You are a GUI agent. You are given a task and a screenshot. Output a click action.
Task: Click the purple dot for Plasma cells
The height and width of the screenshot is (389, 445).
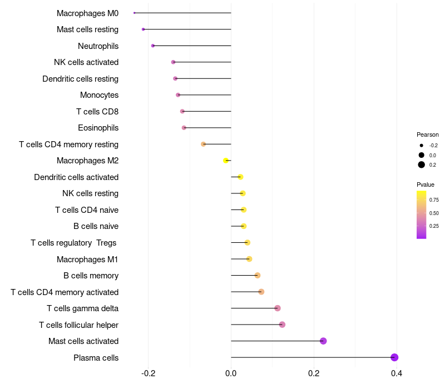pyautogui.click(x=394, y=357)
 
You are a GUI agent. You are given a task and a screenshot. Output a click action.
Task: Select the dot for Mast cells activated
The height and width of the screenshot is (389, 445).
pyautogui.click(x=323, y=341)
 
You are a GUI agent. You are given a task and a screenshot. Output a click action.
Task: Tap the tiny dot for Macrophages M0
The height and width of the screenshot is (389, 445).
pyautogui.click(x=135, y=13)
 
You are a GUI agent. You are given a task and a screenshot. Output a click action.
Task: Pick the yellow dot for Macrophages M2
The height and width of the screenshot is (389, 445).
pyautogui.click(x=226, y=161)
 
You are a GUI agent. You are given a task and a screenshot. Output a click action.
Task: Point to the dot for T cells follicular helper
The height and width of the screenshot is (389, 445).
pyautogui.click(x=282, y=325)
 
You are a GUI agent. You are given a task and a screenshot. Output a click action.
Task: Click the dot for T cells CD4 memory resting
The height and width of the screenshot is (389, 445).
pyautogui.click(x=204, y=144)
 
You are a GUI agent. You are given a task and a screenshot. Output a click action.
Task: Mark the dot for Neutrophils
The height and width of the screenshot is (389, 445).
pyautogui.click(x=153, y=46)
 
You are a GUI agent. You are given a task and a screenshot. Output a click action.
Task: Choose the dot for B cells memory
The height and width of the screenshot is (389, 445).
pyautogui.click(x=258, y=275)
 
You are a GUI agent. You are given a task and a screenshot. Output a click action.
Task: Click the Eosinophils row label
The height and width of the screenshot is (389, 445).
pyautogui.click(x=98, y=128)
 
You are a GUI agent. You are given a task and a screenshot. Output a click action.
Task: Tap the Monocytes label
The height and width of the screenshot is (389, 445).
pyautogui.click(x=99, y=95)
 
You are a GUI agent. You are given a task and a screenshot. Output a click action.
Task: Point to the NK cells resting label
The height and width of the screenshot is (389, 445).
pyautogui.click(x=90, y=193)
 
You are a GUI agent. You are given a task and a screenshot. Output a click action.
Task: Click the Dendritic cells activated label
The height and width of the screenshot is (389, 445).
pyautogui.click(x=76, y=177)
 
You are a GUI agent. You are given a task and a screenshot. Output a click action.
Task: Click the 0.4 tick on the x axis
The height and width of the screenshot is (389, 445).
pyautogui.click(x=397, y=373)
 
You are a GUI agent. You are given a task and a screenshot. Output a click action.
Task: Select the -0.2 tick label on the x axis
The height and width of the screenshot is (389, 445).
pyautogui.click(x=148, y=373)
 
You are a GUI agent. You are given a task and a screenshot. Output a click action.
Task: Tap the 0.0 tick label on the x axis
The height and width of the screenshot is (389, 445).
pyautogui.click(x=231, y=373)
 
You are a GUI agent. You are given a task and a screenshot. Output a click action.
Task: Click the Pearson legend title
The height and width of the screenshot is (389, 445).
pyautogui.click(x=428, y=134)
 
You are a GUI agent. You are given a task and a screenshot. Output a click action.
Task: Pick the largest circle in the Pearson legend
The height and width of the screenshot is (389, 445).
pyautogui.click(x=422, y=164)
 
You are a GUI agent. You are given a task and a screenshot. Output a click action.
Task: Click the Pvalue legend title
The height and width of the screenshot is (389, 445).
pyautogui.click(x=426, y=184)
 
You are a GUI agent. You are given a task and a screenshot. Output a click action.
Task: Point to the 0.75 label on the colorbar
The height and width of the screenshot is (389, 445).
pyautogui.click(x=434, y=200)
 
